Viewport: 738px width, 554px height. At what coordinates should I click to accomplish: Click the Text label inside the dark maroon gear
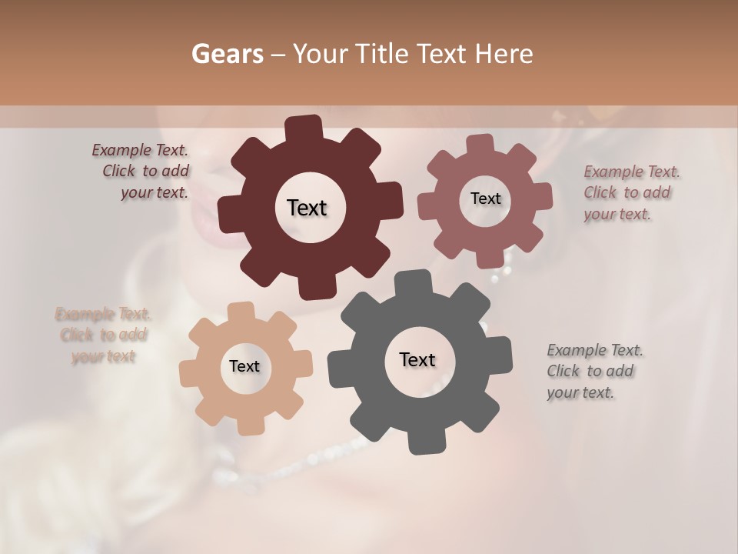click(x=307, y=208)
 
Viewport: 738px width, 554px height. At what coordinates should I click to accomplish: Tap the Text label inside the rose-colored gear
click(x=485, y=199)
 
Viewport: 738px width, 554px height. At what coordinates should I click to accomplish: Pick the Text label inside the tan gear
click(x=244, y=366)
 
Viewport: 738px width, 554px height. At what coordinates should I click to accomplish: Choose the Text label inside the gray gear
click(x=417, y=359)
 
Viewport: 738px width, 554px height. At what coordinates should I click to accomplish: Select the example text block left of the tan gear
click(x=103, y=335)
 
